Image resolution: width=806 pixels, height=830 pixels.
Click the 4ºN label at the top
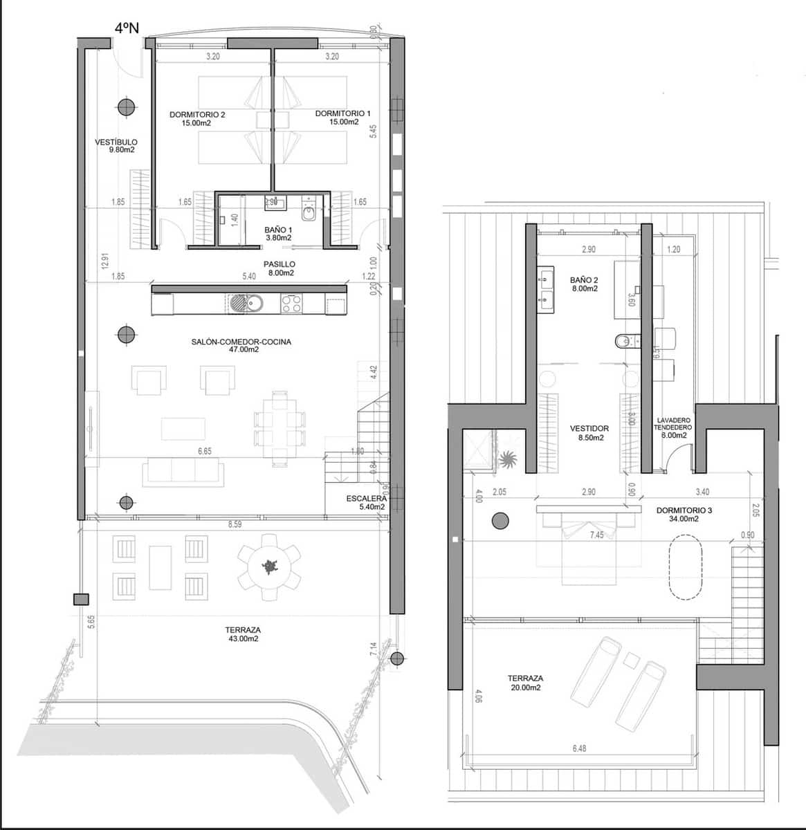click(x=127, y=28)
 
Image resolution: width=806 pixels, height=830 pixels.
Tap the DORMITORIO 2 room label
click(x=197, y=118)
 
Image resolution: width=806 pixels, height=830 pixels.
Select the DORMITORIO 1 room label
click(x=343, y=117)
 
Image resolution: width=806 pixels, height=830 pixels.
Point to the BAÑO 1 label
click(x=278, y=233)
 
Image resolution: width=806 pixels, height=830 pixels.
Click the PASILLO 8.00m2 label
click(x=280, y=268)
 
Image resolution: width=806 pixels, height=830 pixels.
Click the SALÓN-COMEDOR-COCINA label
click(x=241, y=345)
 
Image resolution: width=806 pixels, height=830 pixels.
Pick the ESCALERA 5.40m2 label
click(x=367, y=502)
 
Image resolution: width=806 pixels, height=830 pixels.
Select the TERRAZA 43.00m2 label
click(x=242, y=634)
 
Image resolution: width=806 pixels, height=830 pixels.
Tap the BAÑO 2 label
click(x=584, y=284)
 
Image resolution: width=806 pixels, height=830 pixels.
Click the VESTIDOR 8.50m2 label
click(x=589, y=433)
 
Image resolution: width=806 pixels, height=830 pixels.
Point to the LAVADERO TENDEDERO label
click(x=672, y=427)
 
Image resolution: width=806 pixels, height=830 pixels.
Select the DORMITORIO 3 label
click(x=684, y=514)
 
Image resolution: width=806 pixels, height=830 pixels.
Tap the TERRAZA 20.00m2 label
click(x=524, y=683)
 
